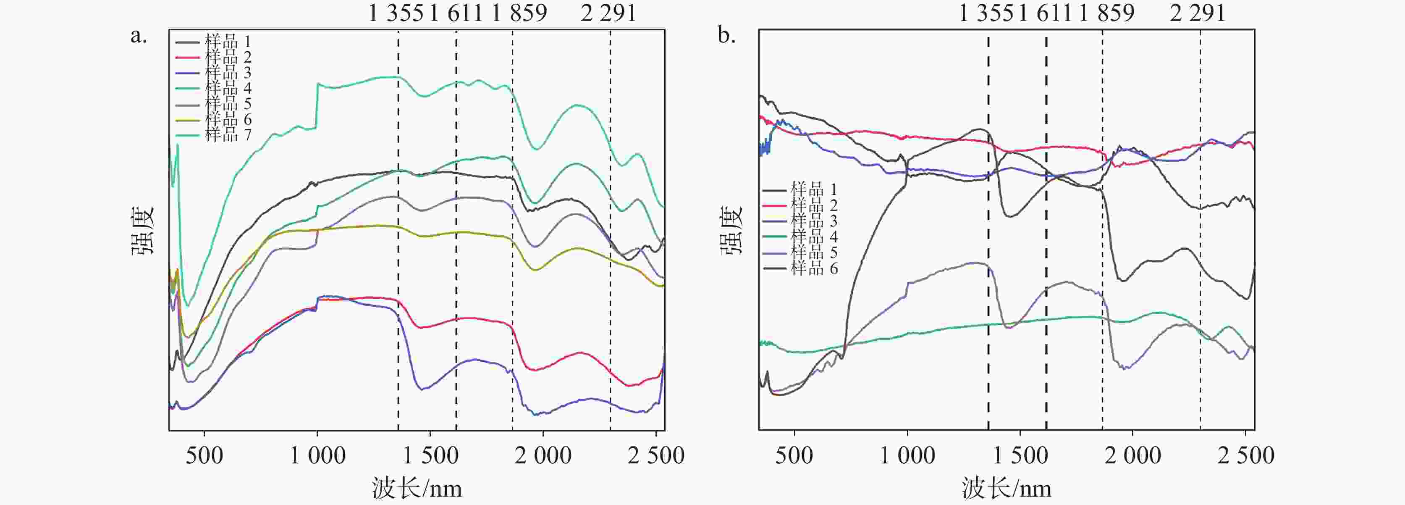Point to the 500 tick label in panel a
(x=204, y=455)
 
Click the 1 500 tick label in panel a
(x=430, y=455)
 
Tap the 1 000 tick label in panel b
(x=907, y=455)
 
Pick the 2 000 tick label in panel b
(x=1133, y=455)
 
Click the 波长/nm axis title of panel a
(x=417, y=487)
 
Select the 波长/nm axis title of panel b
(x=1006, y=487)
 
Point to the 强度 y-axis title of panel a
(x=143, y=230)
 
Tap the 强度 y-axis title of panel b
(x=732, y=230)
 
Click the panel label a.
(x=139, y=36)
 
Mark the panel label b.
(x=726, y=36)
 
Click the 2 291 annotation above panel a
(x=608, y=13)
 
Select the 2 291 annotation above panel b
(x=1198, y=13)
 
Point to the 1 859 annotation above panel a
(x=519, y=13)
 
